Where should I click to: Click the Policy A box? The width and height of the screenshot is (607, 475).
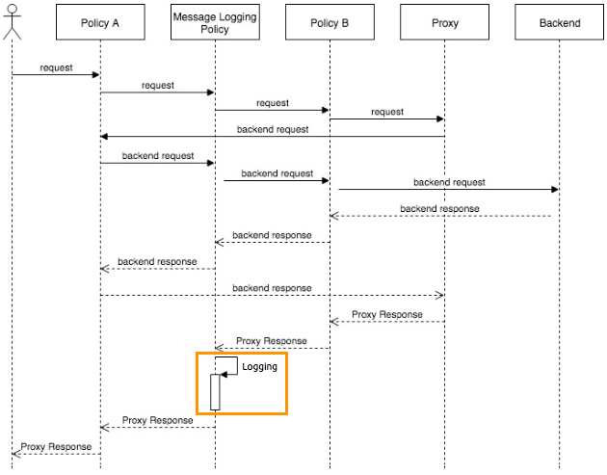[x=100, y=23]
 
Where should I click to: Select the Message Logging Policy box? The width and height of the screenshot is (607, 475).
[x=215, y=23]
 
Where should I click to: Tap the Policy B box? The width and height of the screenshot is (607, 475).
[x=330, y=23]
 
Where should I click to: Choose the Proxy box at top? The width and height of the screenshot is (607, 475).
[x=444, y=23]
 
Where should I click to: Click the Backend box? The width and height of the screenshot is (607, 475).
[x=560, y=23]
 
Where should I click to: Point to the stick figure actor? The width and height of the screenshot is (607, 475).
[x=12, y=21]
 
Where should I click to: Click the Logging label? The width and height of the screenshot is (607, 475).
[x=259, y=367]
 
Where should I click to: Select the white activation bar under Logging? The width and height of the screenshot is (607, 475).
[x=215, y=391]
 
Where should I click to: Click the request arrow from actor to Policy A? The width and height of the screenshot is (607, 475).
[x=56, y=75]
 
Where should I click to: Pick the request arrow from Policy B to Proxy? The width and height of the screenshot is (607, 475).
[x=386, y=119]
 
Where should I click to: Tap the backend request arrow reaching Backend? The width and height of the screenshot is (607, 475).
[x=448, y=190]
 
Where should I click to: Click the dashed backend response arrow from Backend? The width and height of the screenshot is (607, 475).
[x=441, y=216]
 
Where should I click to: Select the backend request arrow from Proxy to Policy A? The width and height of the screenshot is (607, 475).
[x=273, y=136]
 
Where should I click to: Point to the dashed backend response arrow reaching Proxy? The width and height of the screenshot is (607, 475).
[x=273, y=295]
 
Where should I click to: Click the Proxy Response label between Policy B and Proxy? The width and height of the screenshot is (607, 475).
[x=386, y=314]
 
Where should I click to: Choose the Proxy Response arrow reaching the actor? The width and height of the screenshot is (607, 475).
[x=56, y=454]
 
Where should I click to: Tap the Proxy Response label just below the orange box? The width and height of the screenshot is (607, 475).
[x=157, y=420]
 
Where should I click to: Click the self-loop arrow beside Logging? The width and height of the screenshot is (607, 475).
[x=229, y=365]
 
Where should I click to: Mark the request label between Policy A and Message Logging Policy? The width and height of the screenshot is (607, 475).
[x=157, y=86]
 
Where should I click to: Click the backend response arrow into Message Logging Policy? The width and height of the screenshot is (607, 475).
[x=273, y=242]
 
